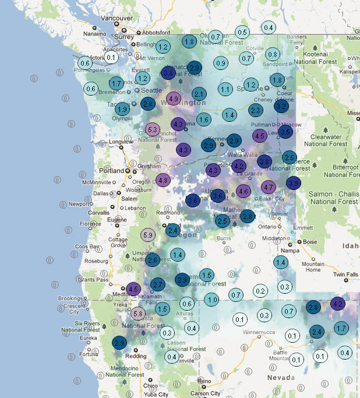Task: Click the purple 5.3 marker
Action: pos(153,129)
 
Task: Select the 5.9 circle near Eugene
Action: pos(148,235)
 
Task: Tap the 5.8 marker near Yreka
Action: pos(138,314)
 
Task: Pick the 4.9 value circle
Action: pos(173,99)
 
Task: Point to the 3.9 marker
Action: pos(294,184)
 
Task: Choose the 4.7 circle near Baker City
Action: pos(269,187)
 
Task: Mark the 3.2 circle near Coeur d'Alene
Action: pos(281,107)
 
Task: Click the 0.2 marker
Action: pos(260,291)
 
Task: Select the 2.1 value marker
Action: pos(199,94)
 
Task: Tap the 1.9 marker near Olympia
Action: pos(122,109)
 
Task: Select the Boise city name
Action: pos(310,242)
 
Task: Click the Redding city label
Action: pos(136,355)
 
